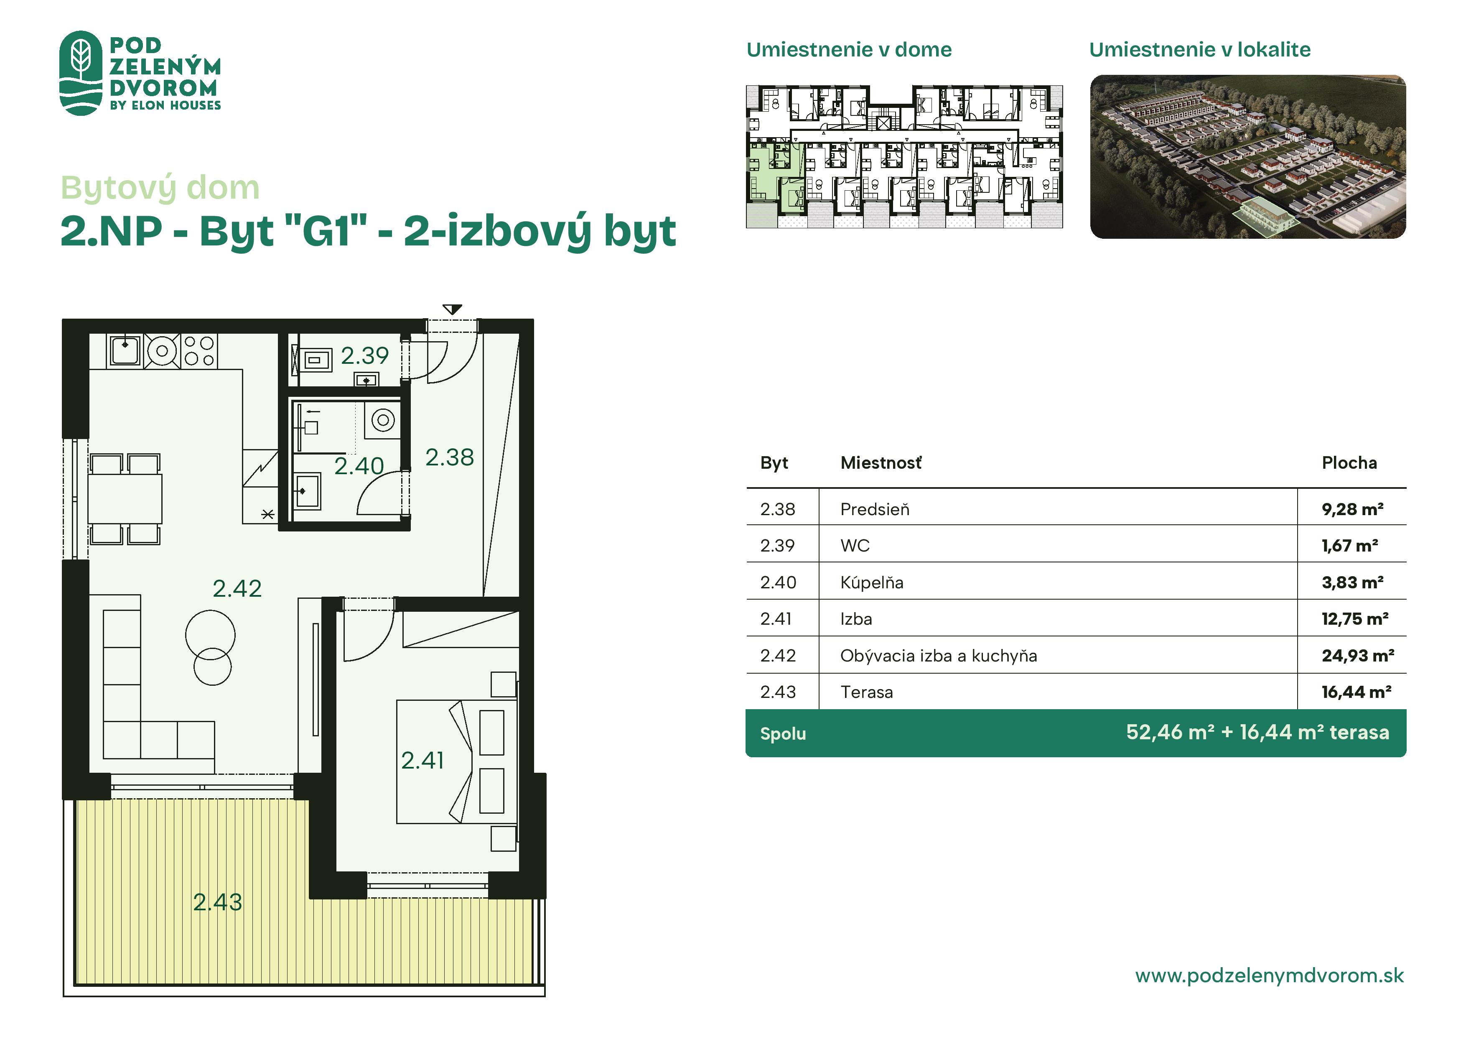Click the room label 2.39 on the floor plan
click(364, 355)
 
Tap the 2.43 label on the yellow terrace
click(218, 902)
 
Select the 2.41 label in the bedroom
click(422, 760)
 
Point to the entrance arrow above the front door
click(452, 310)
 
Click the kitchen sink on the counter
click(125, 351)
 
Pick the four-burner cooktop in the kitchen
click(200, 351)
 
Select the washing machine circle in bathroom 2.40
click(383, 420)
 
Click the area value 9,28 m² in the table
click(1352, 509)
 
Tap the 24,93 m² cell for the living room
click(1357, 656)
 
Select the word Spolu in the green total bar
click(783, 733)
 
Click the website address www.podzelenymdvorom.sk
click(1269, 976)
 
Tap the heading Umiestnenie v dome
click(849, 50)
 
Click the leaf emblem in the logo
click(81, 73)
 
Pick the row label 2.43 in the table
click(778, 692)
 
